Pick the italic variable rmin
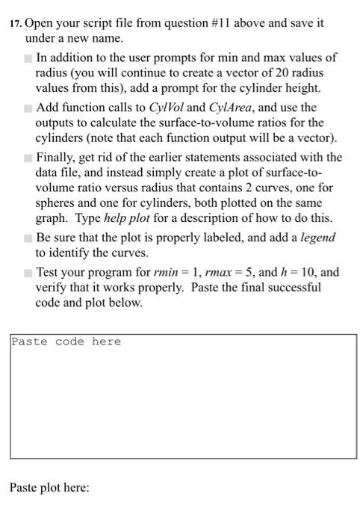[x=180, y=273]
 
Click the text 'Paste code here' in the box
[x=66, y=341]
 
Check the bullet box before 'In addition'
[x=28, y=58]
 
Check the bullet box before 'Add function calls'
[x=28, y=108]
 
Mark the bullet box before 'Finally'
[x=28, y=158]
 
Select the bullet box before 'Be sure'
[x=28, y=238]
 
